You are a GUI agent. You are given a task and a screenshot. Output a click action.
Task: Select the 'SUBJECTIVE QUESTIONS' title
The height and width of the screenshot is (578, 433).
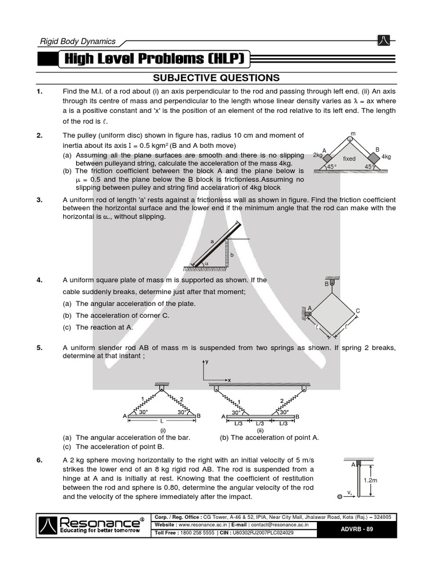tap(216, 77)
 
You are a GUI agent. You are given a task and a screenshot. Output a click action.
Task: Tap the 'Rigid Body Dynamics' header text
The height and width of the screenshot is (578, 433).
tap(77, 41)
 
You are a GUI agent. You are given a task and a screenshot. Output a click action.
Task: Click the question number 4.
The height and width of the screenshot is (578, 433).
tap(40, 280)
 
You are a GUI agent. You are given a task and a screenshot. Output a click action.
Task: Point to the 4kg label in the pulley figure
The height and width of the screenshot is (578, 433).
tap(386, 156)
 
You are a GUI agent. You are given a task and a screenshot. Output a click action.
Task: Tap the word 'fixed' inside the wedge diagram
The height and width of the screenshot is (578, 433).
tap(350, 159)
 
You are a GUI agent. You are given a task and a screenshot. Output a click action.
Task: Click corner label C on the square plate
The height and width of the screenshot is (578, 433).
tap(357, 311)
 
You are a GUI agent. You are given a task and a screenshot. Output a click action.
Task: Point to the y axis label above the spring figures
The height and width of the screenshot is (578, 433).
tap(207, 361)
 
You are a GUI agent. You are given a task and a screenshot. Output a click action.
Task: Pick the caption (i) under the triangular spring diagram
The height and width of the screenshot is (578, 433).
tap(162, 430)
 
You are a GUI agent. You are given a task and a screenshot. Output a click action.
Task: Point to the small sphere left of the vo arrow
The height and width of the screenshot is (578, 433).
tap(338, 497)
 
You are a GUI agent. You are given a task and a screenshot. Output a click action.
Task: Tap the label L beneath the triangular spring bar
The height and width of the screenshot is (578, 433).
tap(162, 422)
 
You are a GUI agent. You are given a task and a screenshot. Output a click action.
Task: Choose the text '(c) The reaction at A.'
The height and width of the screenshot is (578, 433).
tap(98, 327)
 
